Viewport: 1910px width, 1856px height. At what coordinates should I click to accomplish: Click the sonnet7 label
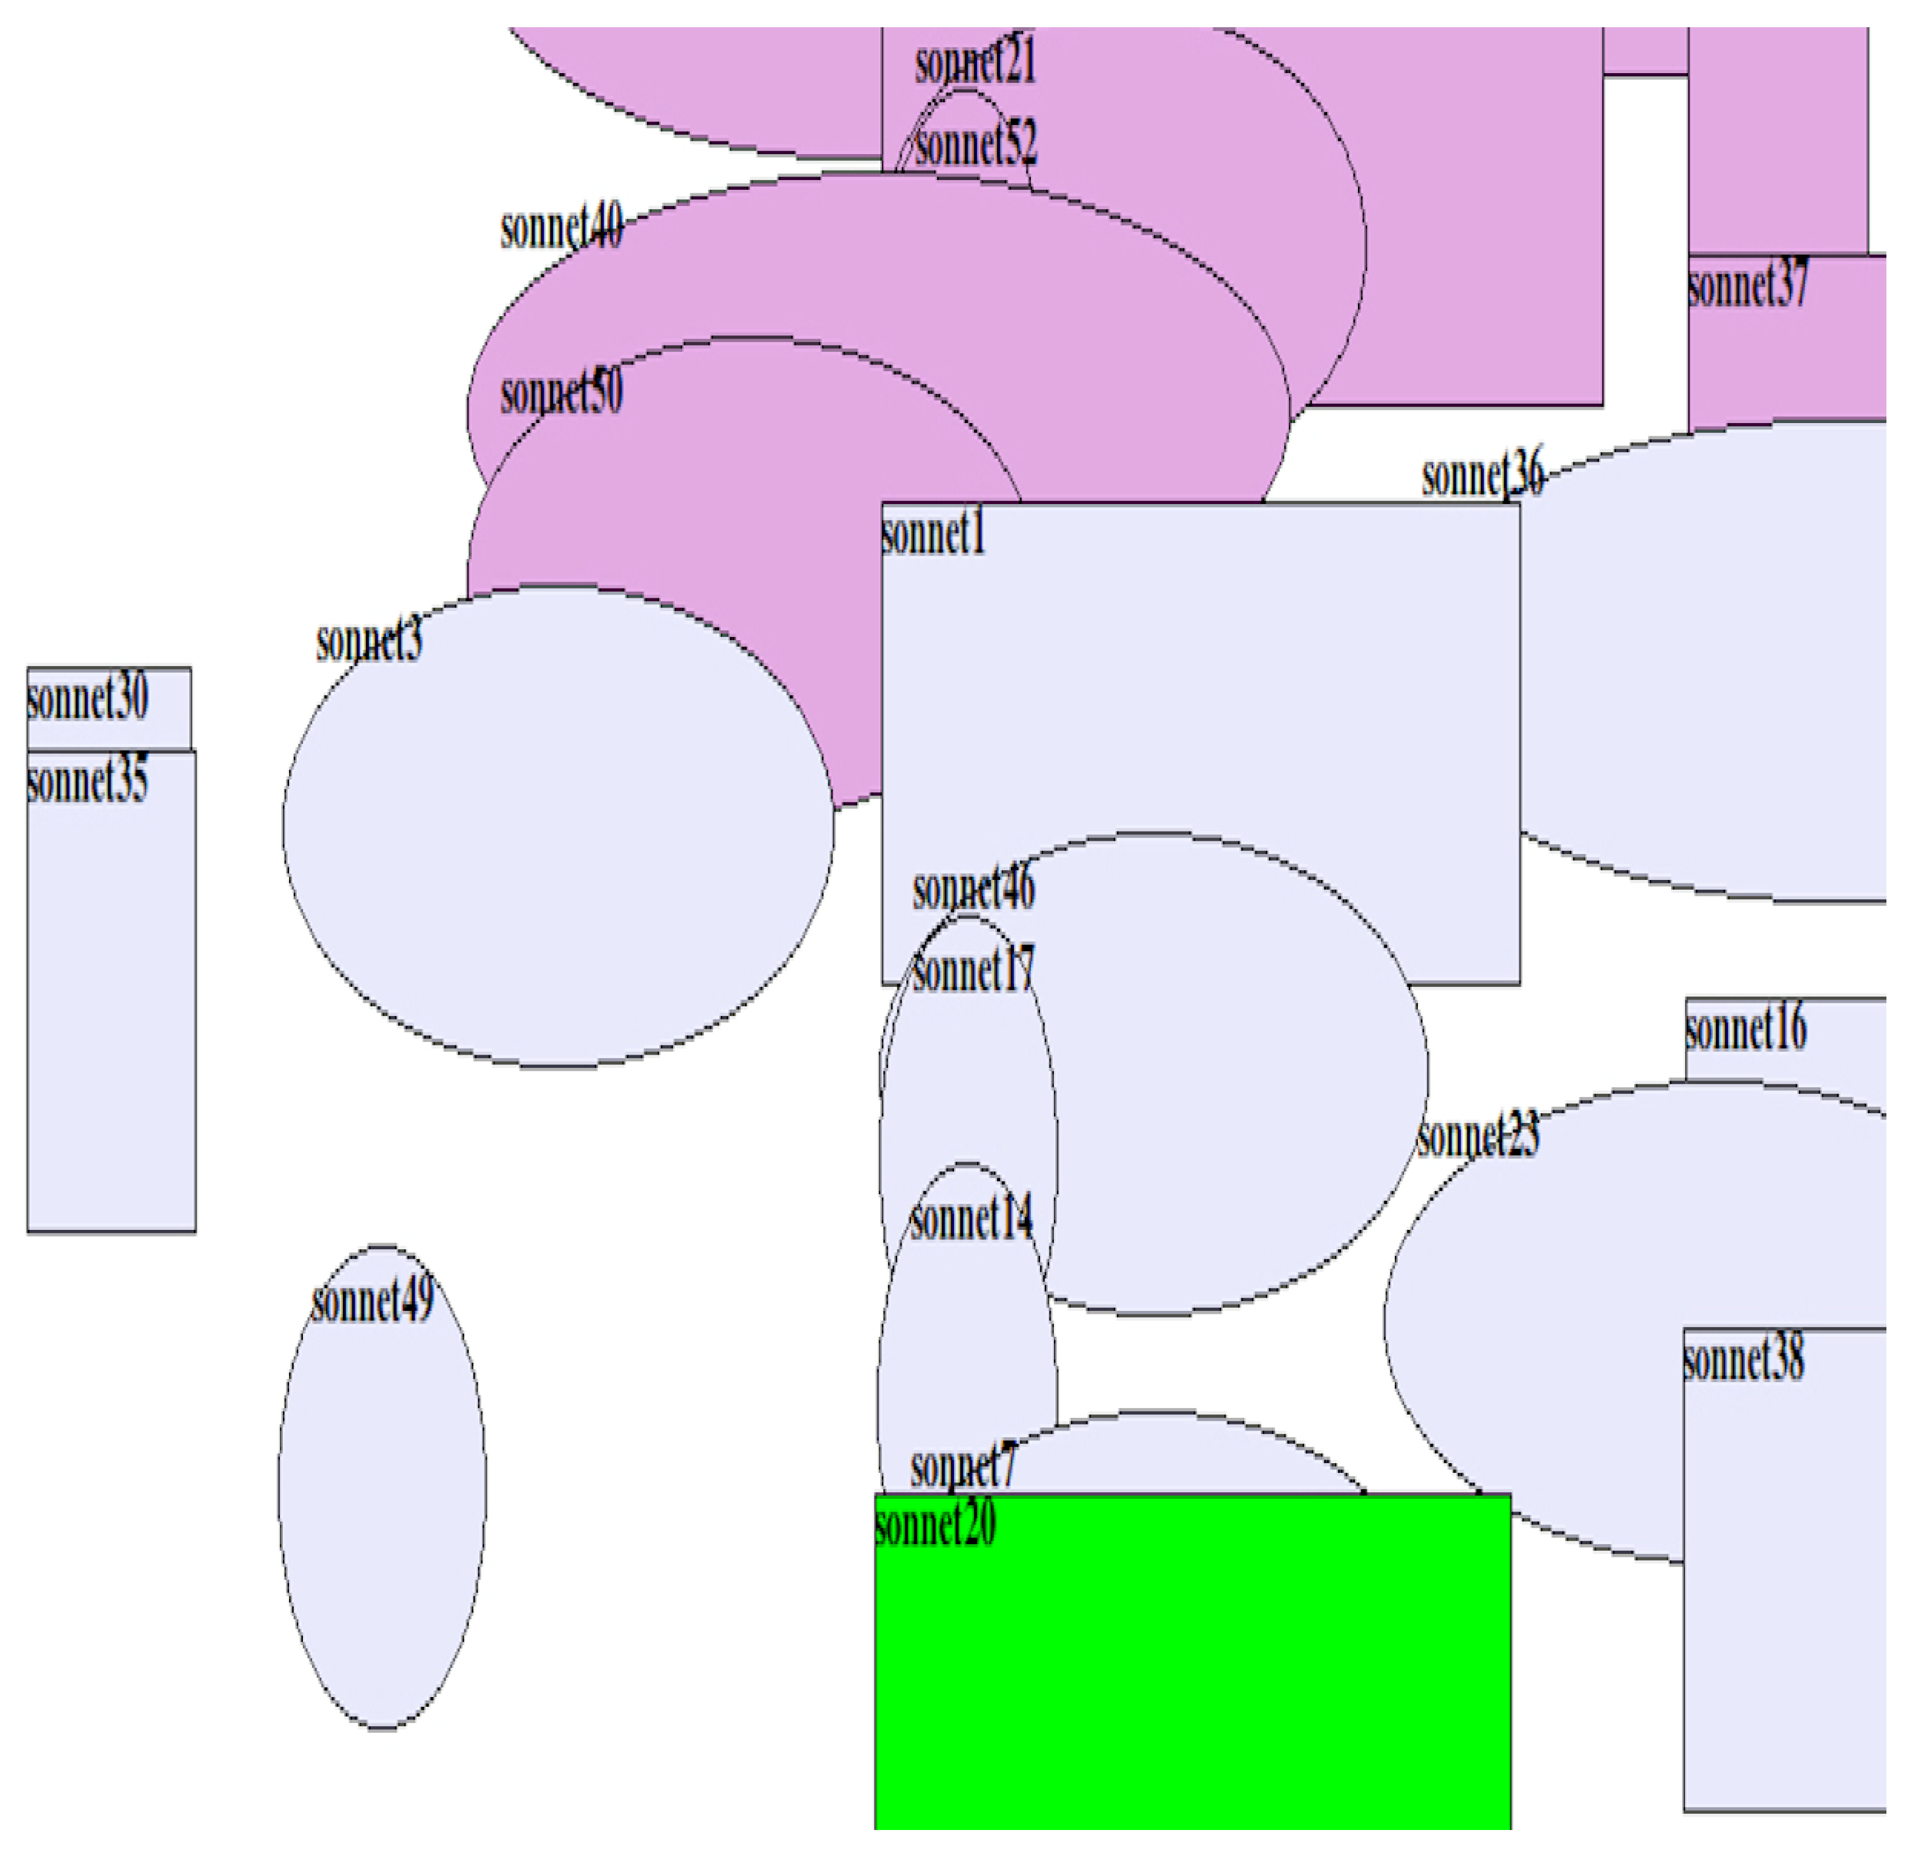click(x=963, y=1466)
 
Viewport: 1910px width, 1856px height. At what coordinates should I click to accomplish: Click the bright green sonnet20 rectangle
click(x=1192, y=1677)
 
